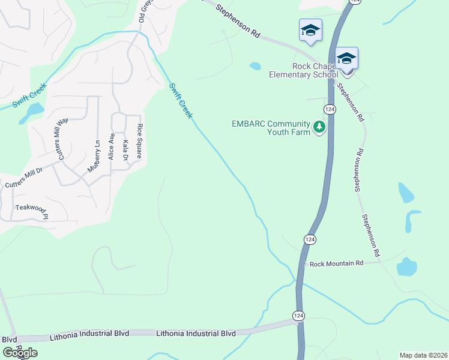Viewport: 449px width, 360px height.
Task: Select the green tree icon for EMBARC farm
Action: (319, 127)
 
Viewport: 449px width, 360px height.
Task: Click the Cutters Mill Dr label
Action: (24, 178)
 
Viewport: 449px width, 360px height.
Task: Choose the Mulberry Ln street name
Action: (93, 157)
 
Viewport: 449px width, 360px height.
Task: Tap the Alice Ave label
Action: (111, 146)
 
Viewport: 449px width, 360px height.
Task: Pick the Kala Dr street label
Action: (125, 149)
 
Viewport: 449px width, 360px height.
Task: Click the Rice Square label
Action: (139, 140)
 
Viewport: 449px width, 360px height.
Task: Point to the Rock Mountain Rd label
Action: (336, 263)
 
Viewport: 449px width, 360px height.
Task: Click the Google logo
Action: (19, 353)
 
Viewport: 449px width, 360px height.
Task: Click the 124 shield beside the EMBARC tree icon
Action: (329, 109)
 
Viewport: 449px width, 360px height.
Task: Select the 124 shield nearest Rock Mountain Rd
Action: (309, 239)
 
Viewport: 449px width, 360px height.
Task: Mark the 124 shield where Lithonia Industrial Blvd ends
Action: (299, 315)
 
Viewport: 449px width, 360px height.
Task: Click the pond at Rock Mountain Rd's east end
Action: (407, 267)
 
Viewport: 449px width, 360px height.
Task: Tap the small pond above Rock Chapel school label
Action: (255, 66)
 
